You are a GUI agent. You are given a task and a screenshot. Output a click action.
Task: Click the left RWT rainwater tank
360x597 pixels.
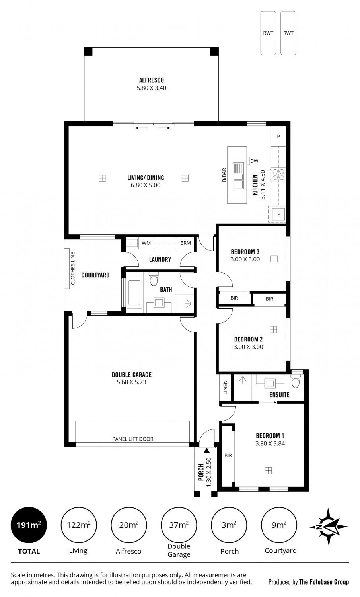pos(268,33)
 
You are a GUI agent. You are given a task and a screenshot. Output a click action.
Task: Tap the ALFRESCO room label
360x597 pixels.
pos(151,80)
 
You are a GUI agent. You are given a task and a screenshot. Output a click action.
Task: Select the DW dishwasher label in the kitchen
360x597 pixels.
pos(254,161)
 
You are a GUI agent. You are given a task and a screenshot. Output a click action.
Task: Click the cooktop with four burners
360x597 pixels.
pos(278,175)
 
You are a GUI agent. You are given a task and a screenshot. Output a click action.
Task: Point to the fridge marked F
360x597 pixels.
pos(278,214)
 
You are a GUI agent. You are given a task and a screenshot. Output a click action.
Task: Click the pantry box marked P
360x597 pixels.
pos(278,136)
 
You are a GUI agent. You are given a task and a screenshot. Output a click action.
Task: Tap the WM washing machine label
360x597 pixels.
pos(146,243)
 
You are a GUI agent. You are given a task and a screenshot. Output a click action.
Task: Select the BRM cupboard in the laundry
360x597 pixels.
pos(185,243)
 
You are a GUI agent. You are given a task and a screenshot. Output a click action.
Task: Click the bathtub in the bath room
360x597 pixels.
pos(134,292)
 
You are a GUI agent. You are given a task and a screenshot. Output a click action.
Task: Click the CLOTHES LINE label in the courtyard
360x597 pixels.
pos(73,268)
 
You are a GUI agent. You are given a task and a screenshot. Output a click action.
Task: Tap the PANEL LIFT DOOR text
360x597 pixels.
pos(133,439)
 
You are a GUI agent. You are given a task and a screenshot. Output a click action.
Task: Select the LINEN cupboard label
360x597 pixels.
pos(226,388)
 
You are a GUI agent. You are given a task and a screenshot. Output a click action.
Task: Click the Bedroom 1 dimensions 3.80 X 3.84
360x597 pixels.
pos(270,443)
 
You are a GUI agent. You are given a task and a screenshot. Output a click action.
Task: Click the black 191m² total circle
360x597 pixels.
pos(29,525)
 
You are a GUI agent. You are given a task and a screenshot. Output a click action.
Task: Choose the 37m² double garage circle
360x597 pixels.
pos(179,525)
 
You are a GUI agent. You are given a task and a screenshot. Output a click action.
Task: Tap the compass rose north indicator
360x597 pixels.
pos(328,527)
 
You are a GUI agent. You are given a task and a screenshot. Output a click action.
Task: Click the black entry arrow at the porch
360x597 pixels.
pos(206,451)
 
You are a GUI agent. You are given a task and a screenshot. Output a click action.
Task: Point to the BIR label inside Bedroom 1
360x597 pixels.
pos(228,455)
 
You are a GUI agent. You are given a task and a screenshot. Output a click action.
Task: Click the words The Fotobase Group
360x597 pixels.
pos(324,582)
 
